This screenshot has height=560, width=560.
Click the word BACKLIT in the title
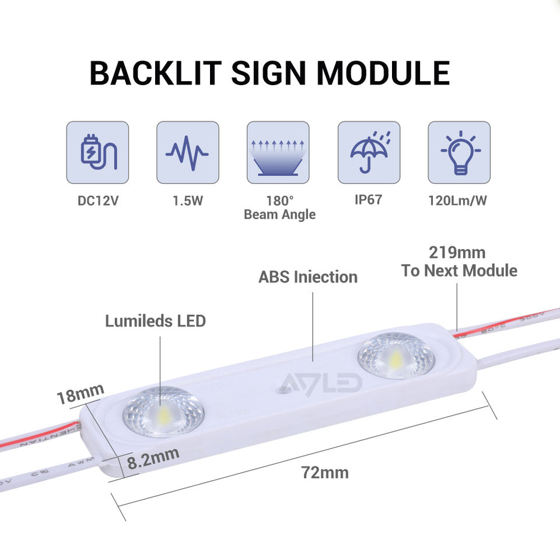(x=155, y=73)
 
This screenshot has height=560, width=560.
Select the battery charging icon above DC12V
(x=97, y=153)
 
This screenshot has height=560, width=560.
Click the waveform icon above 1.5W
(x=187, y=153)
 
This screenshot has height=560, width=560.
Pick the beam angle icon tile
(x=278, y=153)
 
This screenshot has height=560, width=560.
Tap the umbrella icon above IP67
(x=369, y=153)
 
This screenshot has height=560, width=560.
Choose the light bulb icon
(x=459, y=153)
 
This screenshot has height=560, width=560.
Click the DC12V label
(x=97, y=201)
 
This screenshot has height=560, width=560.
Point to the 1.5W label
(x=187, y=201)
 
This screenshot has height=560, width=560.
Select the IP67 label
(x=368, y=199)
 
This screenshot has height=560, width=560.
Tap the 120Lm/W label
(x=459, y=201)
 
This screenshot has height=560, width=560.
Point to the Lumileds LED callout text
(x=155, y=321)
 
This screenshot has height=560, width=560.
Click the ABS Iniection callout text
(x=308, y=276)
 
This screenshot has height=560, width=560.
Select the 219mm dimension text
(x=457, y=253)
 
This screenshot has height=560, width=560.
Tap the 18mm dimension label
(x=80, y=394)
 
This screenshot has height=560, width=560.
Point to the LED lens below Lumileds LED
(x=163, y=411)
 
